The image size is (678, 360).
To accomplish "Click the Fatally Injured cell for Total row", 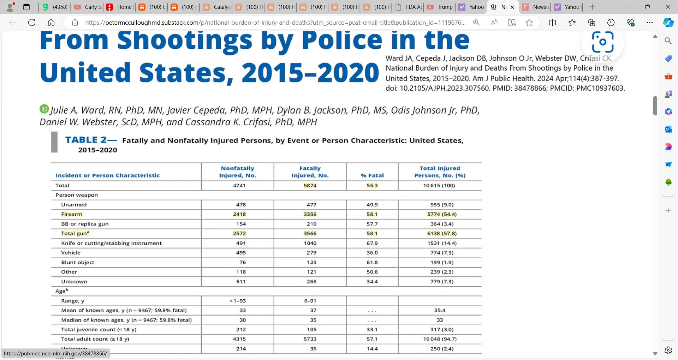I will click(x=310, y=186).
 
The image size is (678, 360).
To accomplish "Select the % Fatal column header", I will click(x=372, y=175).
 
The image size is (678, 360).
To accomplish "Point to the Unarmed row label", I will click(x=74, y=205).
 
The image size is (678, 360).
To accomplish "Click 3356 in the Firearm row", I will click(x=310, y=214).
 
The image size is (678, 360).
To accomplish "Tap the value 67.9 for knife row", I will click(x=372, y=243).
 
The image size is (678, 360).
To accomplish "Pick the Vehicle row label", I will click(x=71, y=253).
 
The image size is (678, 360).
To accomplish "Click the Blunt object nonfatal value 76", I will click(x=243, y=262).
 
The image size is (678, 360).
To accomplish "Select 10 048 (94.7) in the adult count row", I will click(x=440, y=339).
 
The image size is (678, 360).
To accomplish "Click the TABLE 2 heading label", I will click(x=86, y=140).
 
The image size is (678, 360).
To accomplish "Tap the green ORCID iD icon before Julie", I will click(x=44, y=109).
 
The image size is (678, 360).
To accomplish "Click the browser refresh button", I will click(x=32, y=23).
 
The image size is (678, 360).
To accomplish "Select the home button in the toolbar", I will click(x=51, y=23).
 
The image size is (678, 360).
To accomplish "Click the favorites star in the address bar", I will click(x=529, y=23).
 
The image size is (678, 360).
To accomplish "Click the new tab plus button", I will click(x=592, y=7).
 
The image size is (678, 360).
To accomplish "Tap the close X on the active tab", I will click(x=512, y=7).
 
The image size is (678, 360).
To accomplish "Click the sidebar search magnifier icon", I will click(x=668, y=41).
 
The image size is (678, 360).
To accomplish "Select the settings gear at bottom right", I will click(x=668, y=350).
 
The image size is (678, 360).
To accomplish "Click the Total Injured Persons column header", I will click(x=440, y=172).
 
